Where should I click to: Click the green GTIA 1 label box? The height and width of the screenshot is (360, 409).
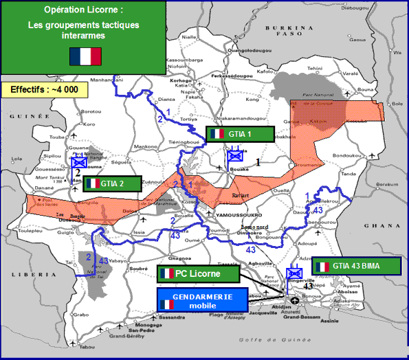click(x=239, y=133)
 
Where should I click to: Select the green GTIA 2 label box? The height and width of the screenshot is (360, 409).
click(x=112, y=183)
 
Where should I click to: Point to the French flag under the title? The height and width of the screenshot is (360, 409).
click(x=85, y=56)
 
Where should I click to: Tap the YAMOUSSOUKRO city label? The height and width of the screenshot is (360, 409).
click(x=235, y=214)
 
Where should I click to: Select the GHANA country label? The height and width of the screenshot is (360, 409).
click(x=388, y=225)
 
